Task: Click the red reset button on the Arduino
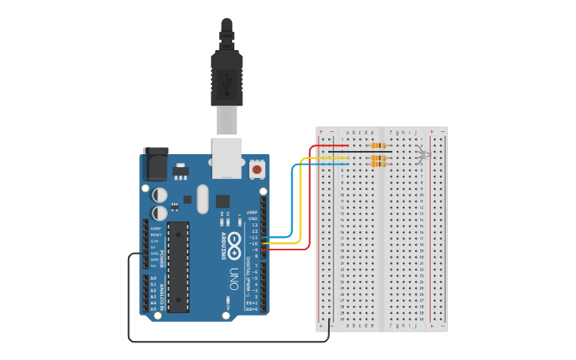pos(257,169)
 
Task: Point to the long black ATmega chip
pos(179,267)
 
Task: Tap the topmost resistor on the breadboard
pos(379,146)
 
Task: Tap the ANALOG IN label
pos(161,296)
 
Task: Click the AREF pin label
pos(253,212)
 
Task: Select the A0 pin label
pos(153,277)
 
